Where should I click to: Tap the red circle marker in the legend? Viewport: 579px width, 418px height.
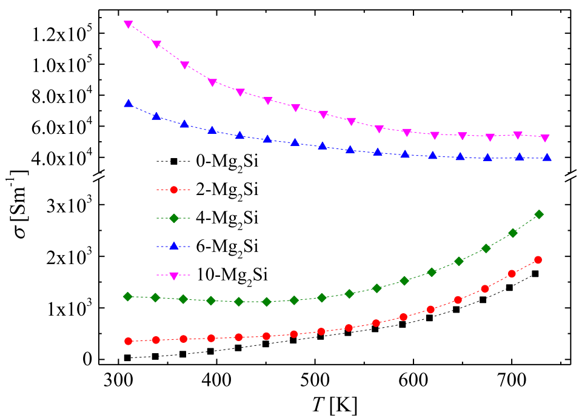coord(173,190)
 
